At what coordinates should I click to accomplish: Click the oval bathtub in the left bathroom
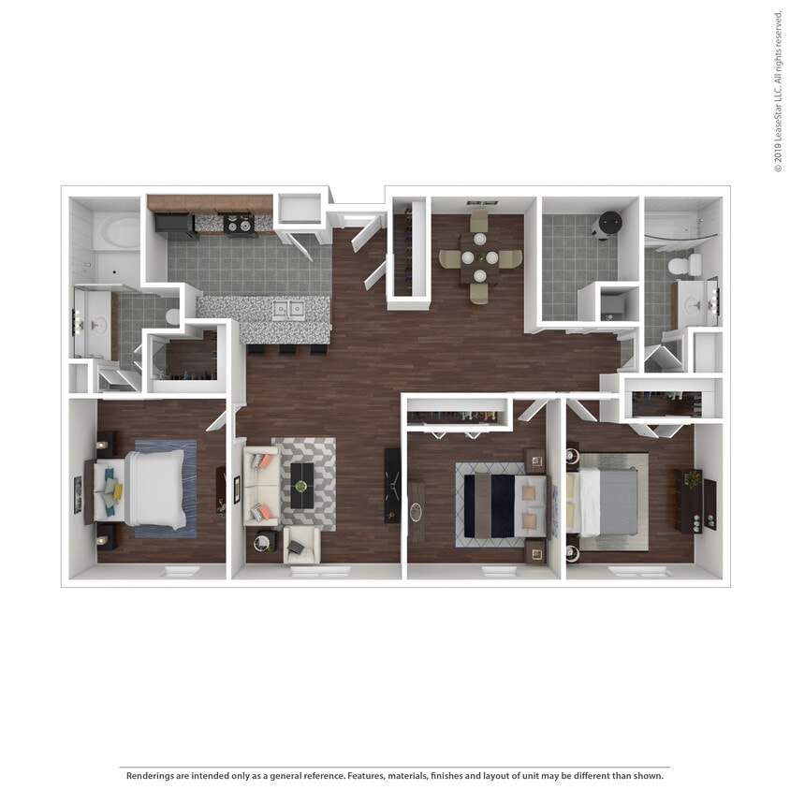click(117, 231)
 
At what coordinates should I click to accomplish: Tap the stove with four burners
click(239, 224)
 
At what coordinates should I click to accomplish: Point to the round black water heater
click(609, 224)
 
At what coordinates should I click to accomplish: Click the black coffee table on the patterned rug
click(301, 485)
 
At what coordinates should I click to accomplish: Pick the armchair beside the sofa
click(301, 545)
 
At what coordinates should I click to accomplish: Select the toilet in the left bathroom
click(173, 317)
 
